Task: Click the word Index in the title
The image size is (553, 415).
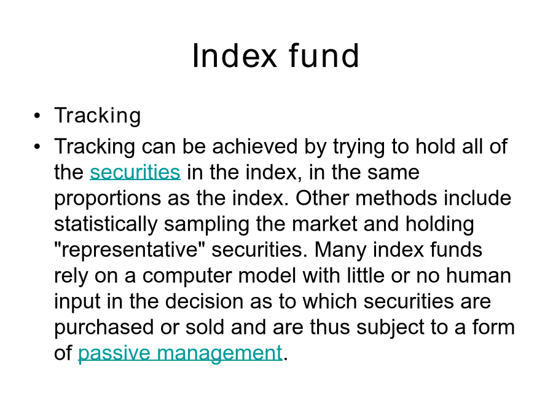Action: (x=235, y=56)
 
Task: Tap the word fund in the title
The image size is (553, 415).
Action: (x=324, y=55)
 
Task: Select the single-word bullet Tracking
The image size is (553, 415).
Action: (x=97, y=116)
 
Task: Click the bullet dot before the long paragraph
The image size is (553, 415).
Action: (x=37, y=146)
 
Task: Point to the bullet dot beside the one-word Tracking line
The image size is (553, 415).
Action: (x=37, y=116)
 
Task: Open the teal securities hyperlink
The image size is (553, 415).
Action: (x=135, y=172)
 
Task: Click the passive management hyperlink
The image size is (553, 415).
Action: (x=180, y=354)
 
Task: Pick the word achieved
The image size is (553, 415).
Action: (x=255, y=146)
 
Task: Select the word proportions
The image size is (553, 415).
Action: (x=108, y=199)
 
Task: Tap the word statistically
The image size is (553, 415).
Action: (x=106, y=224)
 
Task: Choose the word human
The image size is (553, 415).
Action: (x=479, y=275)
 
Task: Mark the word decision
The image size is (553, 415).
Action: (x=204, y=301)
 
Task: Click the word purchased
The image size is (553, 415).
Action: (x=104, y=328)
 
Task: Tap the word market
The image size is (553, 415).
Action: (x=325, y=224)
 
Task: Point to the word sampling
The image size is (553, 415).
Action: (x=206, y=224)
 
